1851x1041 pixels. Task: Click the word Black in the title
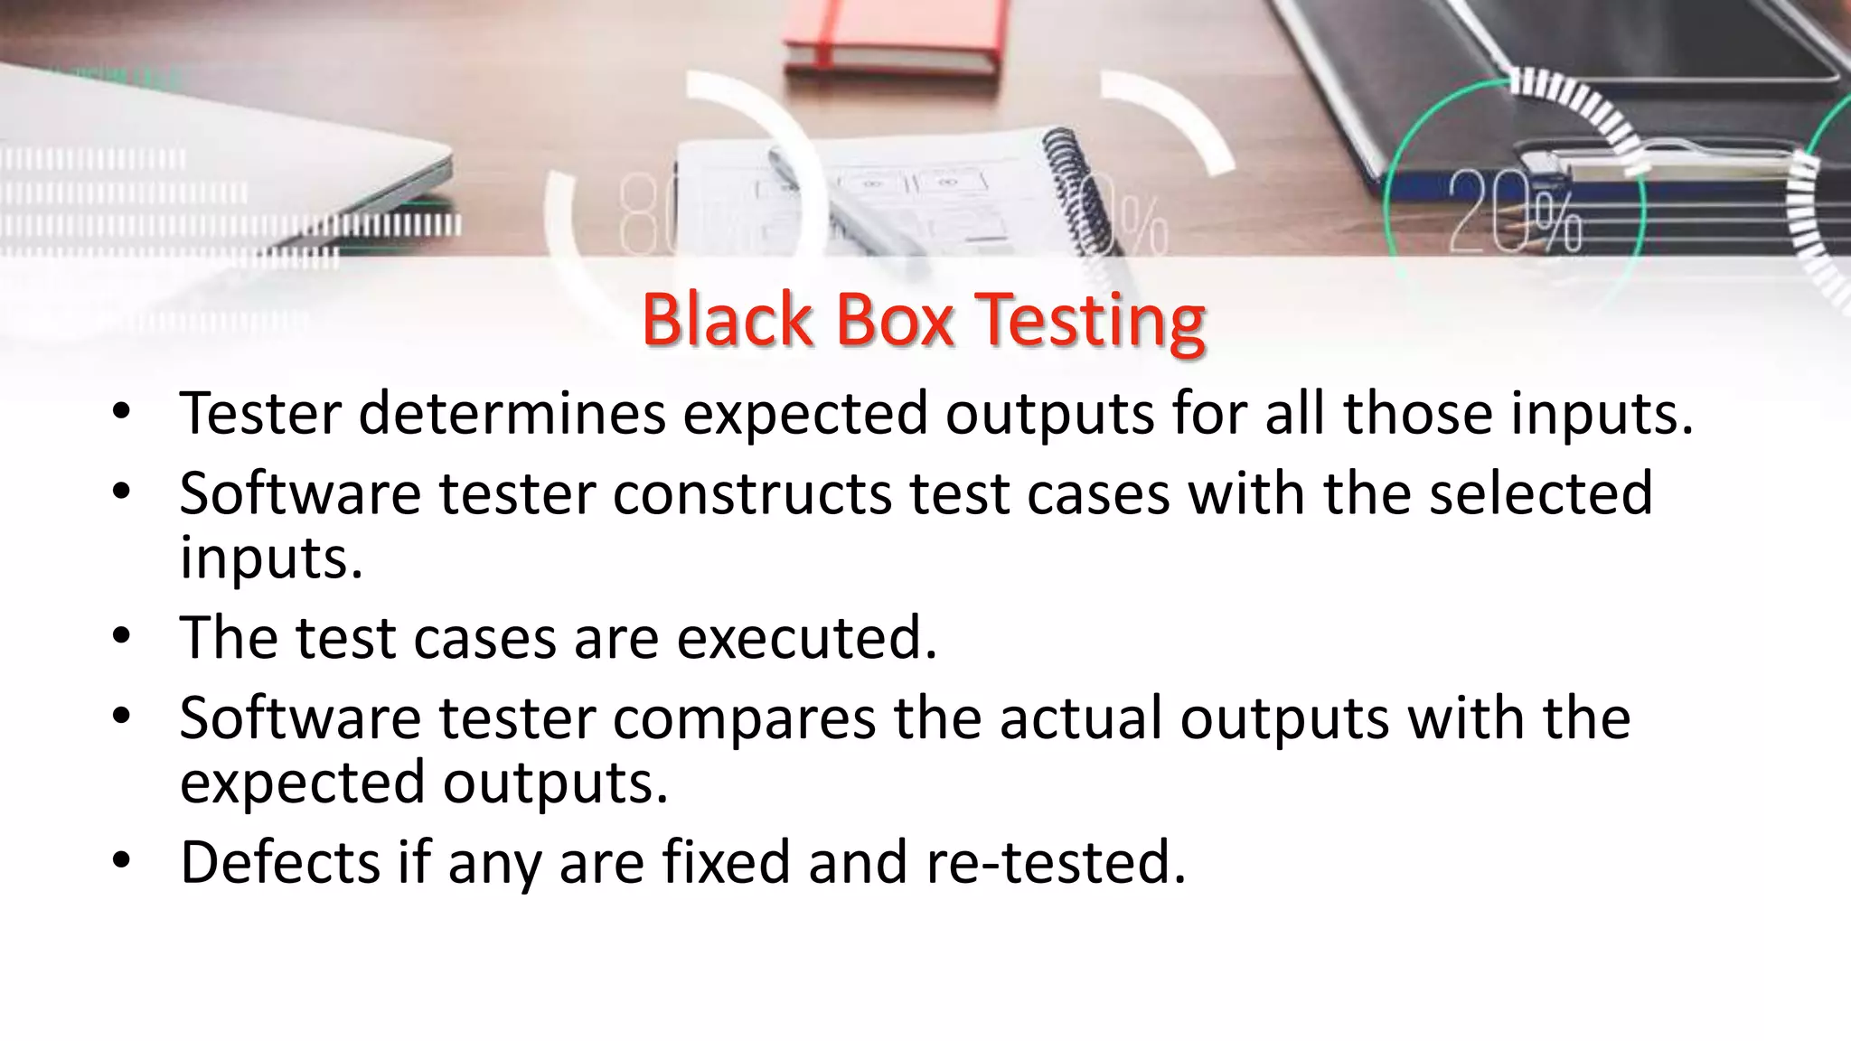tap(727, 320)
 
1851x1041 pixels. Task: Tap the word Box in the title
tap(894, 320)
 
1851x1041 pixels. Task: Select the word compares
tap(744, 718)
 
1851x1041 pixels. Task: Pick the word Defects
tap(280, 862)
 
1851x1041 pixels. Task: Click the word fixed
tap(726, 862)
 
